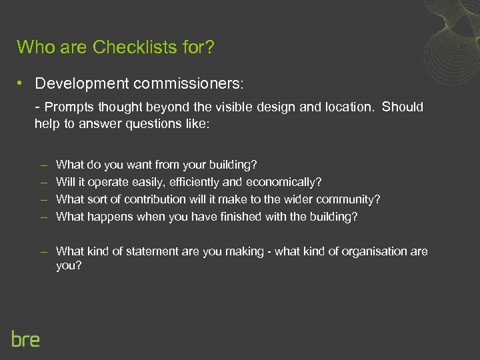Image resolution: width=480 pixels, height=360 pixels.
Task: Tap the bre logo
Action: click(25, 339)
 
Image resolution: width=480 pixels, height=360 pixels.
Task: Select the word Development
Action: click(76, 83)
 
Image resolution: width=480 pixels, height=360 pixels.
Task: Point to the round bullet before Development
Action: click(21, 83)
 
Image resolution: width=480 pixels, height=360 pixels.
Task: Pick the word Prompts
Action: click(71, 107)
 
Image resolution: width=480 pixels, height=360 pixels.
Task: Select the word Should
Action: click(403, 107)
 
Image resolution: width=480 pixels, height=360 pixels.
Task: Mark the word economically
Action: click(284, 181)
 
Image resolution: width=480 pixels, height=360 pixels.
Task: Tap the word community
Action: click(347, 199)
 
